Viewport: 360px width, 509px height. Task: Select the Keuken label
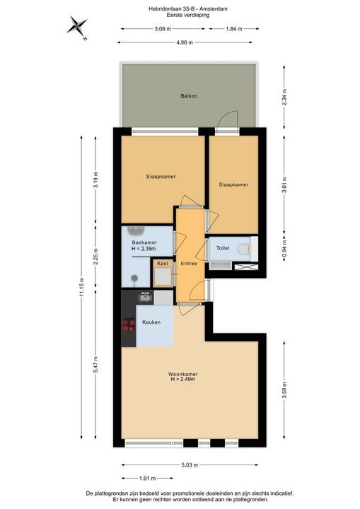(151, 322)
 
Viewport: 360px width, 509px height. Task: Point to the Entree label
(189, 264)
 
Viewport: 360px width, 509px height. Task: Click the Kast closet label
(163, 264)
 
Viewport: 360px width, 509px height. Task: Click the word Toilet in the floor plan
(223, 248)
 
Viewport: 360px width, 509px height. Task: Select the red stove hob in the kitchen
(129, 325)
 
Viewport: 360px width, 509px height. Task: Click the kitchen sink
(145, 298)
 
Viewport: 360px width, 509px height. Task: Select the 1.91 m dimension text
(144, 477)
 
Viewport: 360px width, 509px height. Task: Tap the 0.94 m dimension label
(284, 248)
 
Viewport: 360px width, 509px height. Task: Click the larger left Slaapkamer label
(161, 176)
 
